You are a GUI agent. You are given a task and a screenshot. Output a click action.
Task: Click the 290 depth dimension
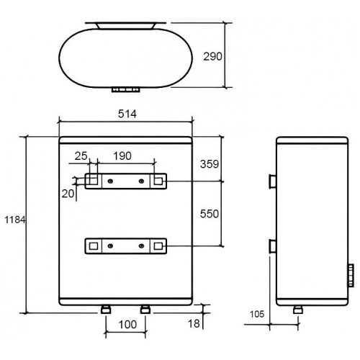click(212, 56)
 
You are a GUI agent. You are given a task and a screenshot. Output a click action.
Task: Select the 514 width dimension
click(127, 114)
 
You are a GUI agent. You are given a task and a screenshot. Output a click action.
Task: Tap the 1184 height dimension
click(15, 220)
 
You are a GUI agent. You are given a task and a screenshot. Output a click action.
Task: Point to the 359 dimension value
click(210, 164)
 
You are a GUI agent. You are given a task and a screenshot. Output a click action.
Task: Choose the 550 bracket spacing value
click(210, 214)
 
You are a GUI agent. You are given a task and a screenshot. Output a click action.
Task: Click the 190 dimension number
click(122, 156)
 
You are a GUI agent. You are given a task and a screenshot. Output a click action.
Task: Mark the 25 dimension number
click(81, 156)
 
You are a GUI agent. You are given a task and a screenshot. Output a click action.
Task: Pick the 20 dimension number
click(68, 194)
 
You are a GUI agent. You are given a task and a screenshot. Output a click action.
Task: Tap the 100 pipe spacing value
click(127, 325)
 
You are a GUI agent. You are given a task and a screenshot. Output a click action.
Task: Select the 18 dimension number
click(194, 324)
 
